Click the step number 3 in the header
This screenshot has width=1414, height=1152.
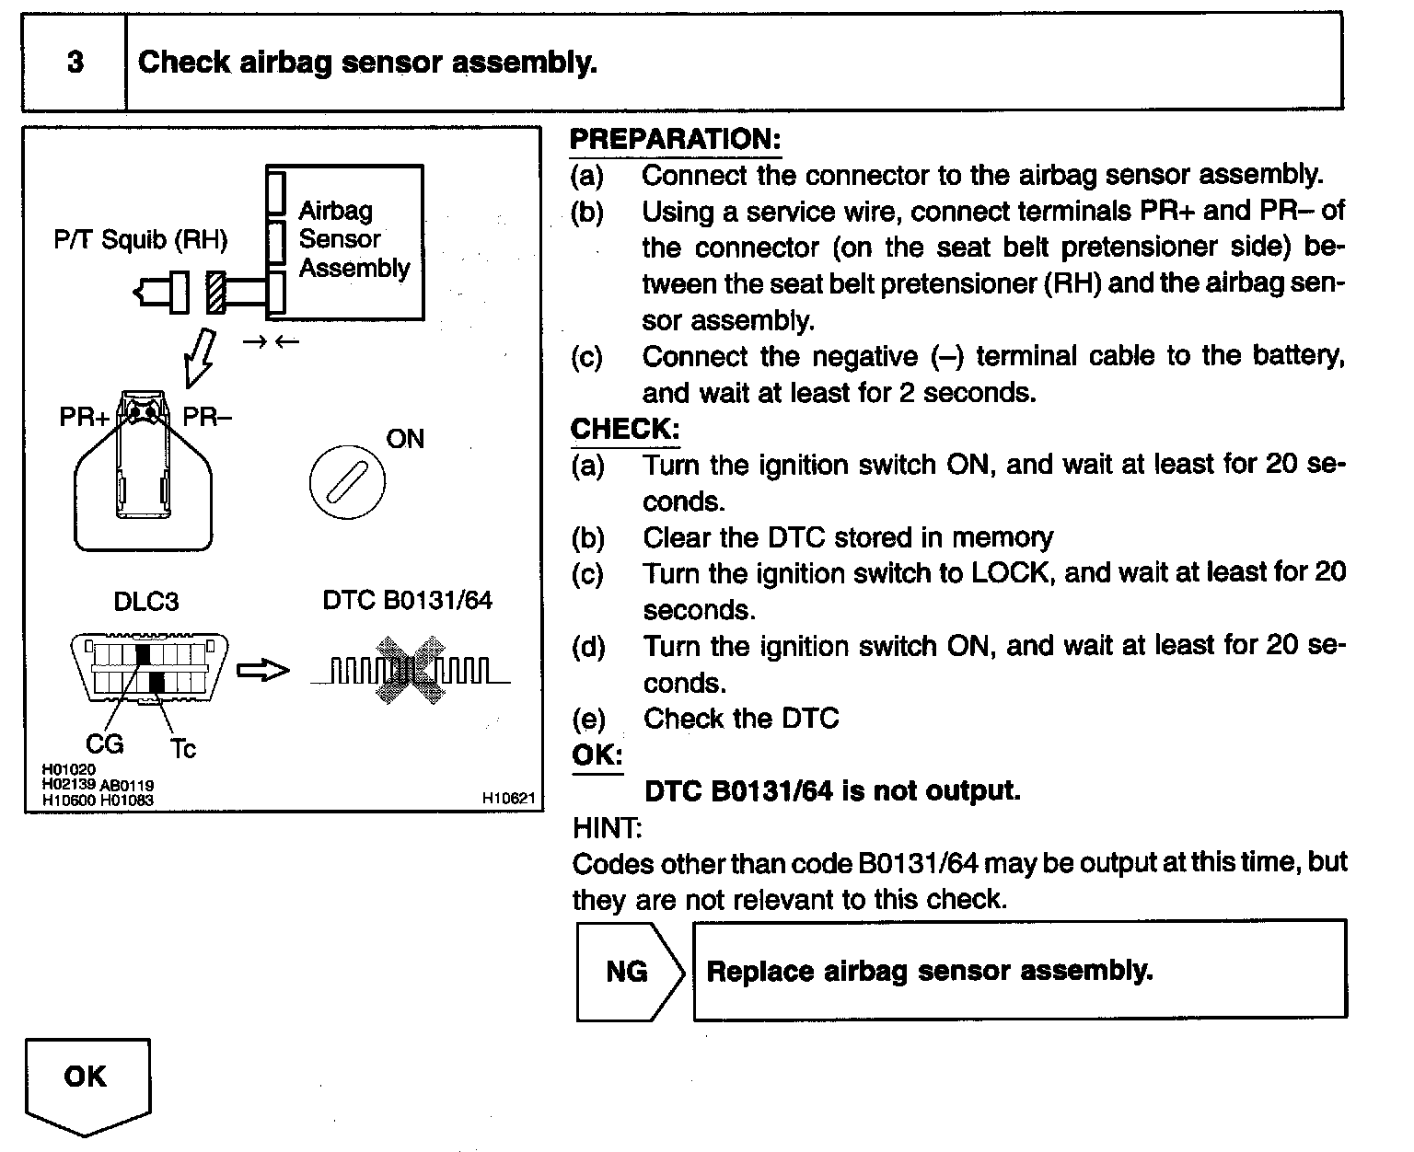[75, 63]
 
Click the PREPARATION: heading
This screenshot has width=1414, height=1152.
[675, 139]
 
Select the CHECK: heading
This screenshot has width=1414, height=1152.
[625, 429]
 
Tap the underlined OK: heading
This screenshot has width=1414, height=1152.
[597, 755]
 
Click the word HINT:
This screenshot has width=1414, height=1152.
[607, 828]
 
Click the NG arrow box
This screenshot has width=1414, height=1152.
[630, 972]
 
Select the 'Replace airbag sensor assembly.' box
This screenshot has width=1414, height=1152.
[1019, 971]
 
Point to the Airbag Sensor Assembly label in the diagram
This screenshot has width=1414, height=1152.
[354, 239]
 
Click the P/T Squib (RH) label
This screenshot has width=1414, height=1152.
[141, 240]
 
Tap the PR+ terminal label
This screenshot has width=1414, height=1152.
[85, 417]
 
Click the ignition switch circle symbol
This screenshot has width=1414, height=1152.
[347, 482]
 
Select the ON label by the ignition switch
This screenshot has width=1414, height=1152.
[405, 439]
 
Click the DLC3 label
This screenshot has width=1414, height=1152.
[145, 602]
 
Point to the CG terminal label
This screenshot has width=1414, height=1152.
[104, 743]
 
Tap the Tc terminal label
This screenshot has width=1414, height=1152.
[183, 749]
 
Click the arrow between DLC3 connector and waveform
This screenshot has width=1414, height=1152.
[262, 671]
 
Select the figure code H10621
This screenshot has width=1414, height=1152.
[508, 799]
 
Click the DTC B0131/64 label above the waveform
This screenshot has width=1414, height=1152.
[407, 601]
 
